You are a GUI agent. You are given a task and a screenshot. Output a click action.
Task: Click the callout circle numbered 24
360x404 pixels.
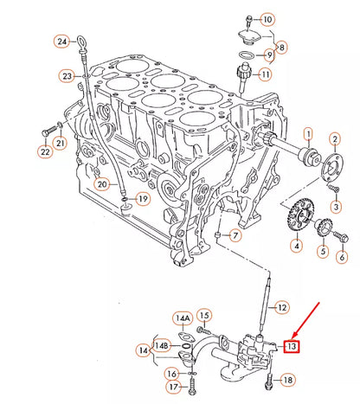point(61,41)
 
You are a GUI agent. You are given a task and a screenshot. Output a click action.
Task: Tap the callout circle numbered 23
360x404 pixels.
point(67,76)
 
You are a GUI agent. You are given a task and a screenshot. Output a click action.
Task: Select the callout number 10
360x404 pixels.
point(267,19)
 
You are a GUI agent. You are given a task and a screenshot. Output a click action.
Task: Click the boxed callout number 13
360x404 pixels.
point(292,347)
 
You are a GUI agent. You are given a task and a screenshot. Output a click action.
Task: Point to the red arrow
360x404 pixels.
point(308,321)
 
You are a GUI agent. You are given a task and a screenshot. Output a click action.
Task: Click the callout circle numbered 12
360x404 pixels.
point(280,307)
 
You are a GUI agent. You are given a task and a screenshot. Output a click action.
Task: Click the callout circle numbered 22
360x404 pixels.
point(45,152)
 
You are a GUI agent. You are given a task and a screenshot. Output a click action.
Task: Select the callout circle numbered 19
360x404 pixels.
point(143,198)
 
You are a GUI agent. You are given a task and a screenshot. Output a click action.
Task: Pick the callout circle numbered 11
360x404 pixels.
point(265,74)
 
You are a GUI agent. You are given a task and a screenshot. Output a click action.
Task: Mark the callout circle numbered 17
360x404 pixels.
point(172,386)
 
